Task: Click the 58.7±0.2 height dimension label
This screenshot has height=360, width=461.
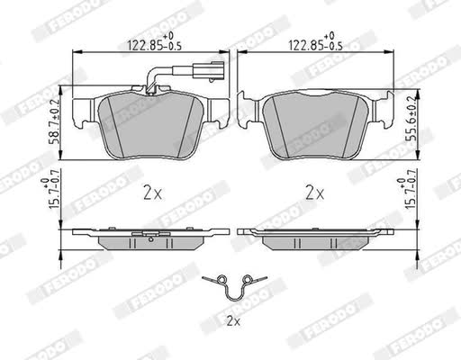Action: tap(55, 121)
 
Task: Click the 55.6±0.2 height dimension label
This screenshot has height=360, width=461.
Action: tap(411, 119)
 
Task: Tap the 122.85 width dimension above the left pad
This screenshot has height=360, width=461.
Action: tap(155, 42)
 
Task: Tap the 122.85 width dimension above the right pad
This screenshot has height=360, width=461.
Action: tap(315, 42)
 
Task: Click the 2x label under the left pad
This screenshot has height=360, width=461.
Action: tap(152, 193)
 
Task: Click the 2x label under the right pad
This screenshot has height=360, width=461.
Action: tap(315, 193)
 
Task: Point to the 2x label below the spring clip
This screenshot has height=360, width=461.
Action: tap(233, 321)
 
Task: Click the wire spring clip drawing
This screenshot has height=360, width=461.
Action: tap(234, 298)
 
